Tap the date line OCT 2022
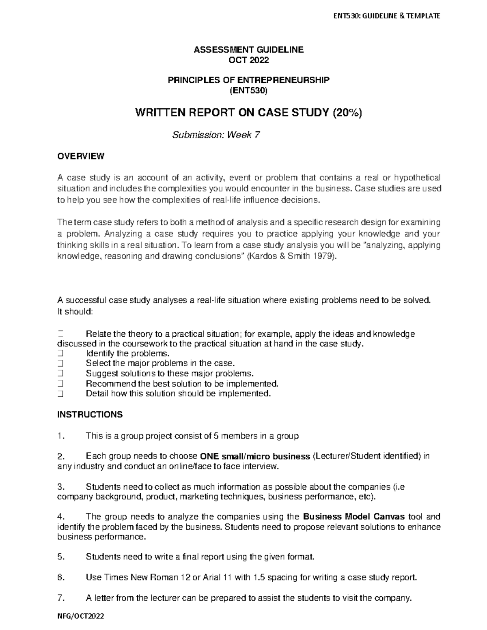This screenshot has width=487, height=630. point(248,60)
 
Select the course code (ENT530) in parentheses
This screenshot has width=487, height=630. point(248,91)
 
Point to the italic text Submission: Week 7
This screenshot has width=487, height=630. point(216,135)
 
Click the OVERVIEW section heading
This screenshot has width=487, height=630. point(81,156)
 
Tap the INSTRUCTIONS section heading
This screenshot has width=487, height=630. point(90,415)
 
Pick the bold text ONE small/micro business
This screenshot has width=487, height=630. point(256,456)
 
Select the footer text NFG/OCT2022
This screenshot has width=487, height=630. point(80,616)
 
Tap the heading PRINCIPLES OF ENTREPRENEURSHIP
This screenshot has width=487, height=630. point(248,80)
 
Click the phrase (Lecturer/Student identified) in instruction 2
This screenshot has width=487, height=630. point(367,456)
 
